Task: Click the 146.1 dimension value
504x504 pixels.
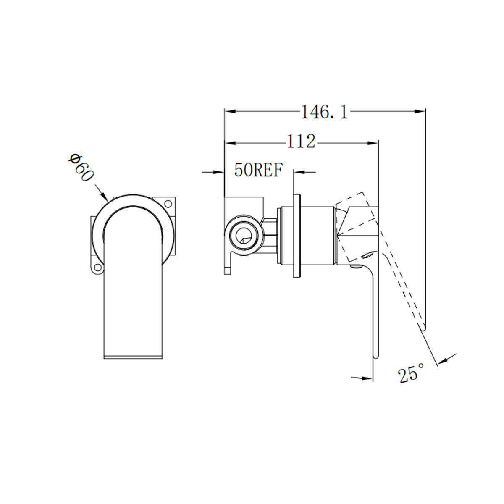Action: (x=324, y=112)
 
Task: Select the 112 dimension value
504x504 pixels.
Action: (x=301, y=142)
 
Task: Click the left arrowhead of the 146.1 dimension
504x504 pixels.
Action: (x=230, y=111)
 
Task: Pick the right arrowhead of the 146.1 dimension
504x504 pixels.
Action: (x=420, y=111)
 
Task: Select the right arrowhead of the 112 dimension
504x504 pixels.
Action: (x=374, y=143)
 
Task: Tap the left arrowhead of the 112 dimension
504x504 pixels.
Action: (x=230, y=143)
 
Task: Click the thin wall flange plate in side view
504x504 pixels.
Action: (x=297, y=235)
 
